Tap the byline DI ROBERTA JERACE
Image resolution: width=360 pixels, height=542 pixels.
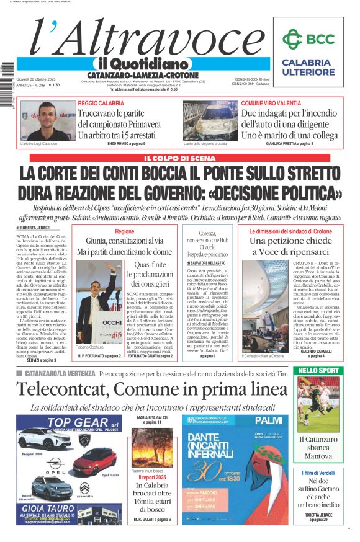pyautogui.click(x=33, y=229)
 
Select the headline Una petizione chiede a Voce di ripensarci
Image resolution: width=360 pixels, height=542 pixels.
pyautogui.click(x=290, y=246)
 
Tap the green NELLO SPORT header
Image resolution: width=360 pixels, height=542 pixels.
pyautogui.click(x=319, y=370)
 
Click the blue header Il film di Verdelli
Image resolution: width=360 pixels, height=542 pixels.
pyautogui.click(x=318, y=473)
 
